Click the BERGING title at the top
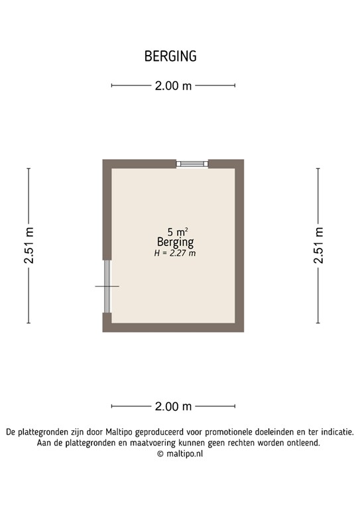pyautogui.click(x=170, y=56)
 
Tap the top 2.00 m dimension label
pyautogui.click(x=173, y=85)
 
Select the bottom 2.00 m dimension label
pyautogui.click(x=173, y=406)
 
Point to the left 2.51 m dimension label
pyautogui.click(x=29, y=246)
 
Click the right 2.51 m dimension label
pyautogui.click(x=319, y=246)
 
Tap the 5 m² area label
pyautogui.click(x=177, y=231)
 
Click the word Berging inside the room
pyautogui.click(x=176, y=242)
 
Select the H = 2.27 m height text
pyautogui.click(x=175, y=253)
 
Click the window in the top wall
pyautogui.click(x=192, y=163)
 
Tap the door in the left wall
pyautogui.click(x=107, y=286)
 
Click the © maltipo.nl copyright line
pyautogui.click(x=179, y=454)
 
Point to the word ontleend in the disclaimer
pyautogui.click(x=302, y=443)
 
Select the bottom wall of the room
pyautogui.click(x=174, y=327)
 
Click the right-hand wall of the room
pyautogui.click(x=240, y=245)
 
